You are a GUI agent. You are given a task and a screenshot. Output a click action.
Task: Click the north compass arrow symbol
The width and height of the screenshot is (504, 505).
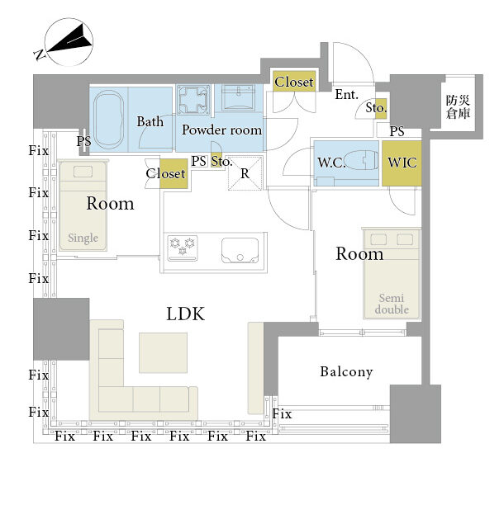point(69,41)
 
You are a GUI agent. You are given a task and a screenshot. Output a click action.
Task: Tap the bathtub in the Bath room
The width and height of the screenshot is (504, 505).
point(109,120)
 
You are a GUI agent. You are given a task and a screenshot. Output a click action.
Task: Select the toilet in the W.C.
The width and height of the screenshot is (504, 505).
point(361,160)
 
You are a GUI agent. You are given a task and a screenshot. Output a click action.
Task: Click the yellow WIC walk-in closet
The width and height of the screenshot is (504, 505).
point(402,163)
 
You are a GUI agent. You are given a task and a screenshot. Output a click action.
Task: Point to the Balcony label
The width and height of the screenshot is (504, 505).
point(346,371)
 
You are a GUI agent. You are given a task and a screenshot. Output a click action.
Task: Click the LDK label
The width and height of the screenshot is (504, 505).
point(185,314)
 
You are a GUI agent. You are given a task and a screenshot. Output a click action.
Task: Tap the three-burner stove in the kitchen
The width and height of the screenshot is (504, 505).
point(183,248)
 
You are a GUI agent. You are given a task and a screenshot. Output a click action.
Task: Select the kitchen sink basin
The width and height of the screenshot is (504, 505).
point(240,250)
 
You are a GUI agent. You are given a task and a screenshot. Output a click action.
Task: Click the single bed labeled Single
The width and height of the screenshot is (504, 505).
point(83,205)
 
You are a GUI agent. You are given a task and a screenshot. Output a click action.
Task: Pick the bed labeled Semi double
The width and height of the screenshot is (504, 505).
point(392,273)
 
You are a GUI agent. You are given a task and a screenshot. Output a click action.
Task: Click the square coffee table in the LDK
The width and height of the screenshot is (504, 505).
point(163,353)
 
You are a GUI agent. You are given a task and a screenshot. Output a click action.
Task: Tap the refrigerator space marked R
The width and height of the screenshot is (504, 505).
point(245,173)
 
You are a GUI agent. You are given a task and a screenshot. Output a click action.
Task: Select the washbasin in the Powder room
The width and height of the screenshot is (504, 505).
point(239,97)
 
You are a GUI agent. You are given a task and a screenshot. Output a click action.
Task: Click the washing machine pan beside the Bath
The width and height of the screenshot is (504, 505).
point(193,100)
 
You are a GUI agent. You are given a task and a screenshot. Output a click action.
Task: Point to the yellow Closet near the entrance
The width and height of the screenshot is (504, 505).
point(294,82)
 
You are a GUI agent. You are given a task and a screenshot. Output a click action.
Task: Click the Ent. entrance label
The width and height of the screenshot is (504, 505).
point(347,94)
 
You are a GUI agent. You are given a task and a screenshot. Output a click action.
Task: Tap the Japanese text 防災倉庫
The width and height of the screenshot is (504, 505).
point(458,106)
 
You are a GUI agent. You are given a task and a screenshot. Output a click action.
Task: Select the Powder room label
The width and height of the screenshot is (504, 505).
point(222,130)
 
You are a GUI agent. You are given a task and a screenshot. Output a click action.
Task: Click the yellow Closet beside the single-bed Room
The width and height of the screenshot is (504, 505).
point(174,174)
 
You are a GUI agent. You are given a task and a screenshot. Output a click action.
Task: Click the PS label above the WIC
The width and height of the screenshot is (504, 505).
point(397,131)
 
